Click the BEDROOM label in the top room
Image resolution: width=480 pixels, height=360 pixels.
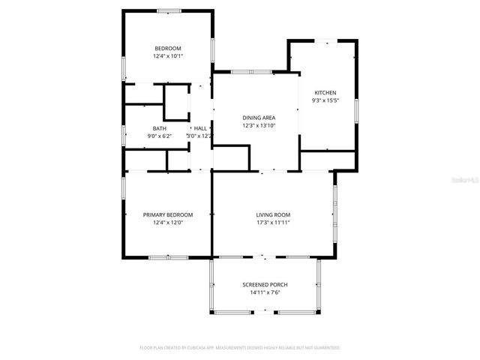click(168, 48)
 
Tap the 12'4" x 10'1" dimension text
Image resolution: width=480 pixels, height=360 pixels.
click(168, 55)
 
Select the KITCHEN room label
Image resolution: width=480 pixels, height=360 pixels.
click(325, 92)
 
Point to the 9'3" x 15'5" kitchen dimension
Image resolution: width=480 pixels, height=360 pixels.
click(325, 100)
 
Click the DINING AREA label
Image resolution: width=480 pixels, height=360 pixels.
click(259, 118)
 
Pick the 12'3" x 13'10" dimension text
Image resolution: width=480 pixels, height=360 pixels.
click(259, 126)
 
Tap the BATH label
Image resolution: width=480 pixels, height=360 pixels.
click(160, 128)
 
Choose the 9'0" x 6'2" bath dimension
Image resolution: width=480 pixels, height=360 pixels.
click(160, 136)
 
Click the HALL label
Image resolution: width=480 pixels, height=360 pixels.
click(200, 128)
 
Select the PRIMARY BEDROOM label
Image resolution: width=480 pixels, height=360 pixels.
click(168, 214)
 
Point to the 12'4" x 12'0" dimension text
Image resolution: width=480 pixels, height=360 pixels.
click(168, 222)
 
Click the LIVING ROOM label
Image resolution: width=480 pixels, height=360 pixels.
click(273, 214)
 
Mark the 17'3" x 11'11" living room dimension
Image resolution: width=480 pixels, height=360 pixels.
click(273, 222)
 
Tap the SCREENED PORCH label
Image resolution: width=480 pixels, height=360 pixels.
click(265, 285)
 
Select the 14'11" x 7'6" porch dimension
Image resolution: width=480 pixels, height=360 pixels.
click(265, 292)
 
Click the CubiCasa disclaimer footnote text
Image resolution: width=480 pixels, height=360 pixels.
click(240, 348)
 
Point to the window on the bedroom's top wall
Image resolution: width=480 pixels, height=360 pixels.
click(168, 10)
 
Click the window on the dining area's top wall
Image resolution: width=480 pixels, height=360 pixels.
click(245, 72)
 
